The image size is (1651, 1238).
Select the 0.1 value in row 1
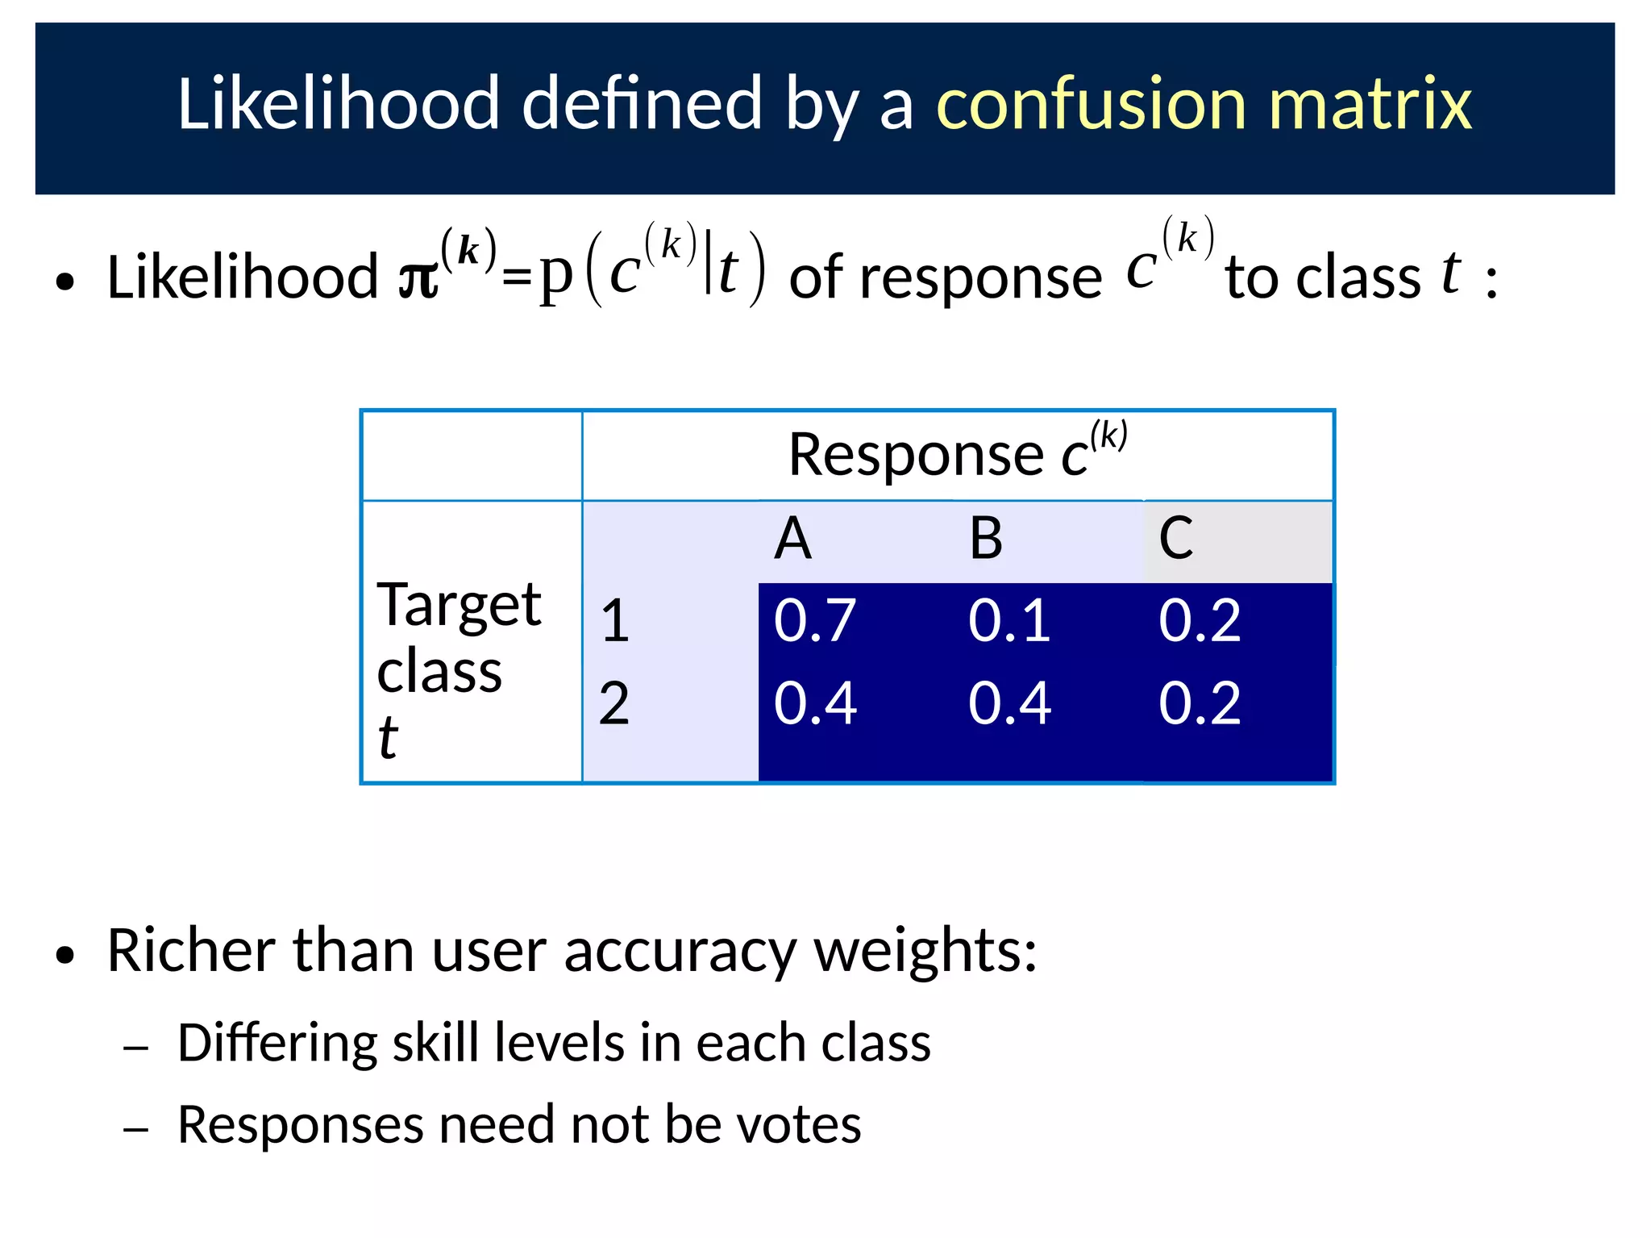pyautogui.click(x=1009, y=621)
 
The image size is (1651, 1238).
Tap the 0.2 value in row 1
pyautogui.click(x=1200, y=621)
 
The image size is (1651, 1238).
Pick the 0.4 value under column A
pyautogui.click(x=814, y=703)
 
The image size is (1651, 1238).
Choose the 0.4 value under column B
pyautogui.click(x=1009, y=703)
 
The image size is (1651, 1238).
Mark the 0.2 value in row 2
pyautogui.click(x=1200, y=703)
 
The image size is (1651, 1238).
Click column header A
pyautogui.click(x=792, y=539)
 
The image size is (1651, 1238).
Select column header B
pyautogui.click(x=986, y=539)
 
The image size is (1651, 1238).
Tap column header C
pyautogui.click(x=1176, y=539)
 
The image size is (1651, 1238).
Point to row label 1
pyautogui.click(x=615, y=621)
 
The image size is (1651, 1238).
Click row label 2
pyautogui.click(x=614, y=703)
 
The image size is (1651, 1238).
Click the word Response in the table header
pyautogui.click(x=915, y=456)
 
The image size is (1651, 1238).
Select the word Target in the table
pyautogui.click(x=459, y=605)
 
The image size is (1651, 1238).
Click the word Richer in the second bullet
pyautogui.click(x=191, y=952)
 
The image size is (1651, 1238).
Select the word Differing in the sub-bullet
pyautogui.click(x=277, y=1044)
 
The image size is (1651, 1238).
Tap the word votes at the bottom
pyautogui.click(x=800, y=1125)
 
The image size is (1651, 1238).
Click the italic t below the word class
pyautogui.click(x=388, y=738)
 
